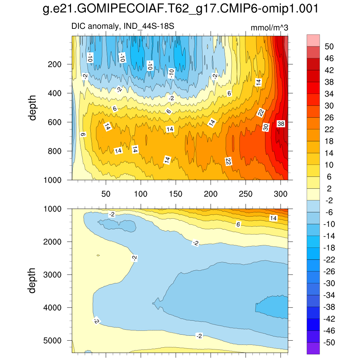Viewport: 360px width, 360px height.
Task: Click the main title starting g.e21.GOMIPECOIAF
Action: tap(180, 9)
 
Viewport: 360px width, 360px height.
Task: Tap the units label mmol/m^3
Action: tap(270, 28)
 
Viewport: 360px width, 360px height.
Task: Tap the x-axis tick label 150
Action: tap(175, 194)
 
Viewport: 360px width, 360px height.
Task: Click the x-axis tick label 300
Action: tap(281, 194)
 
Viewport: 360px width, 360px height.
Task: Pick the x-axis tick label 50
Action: tap(106, 194)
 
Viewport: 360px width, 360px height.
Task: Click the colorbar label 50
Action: tap(329, 46)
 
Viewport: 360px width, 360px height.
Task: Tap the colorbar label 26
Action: tap(329, 117)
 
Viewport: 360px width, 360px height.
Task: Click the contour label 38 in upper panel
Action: tap(281, 124)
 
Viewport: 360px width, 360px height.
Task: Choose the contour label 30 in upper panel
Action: tap(266, 127)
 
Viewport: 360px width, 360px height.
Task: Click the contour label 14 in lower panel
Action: tap(273, 218)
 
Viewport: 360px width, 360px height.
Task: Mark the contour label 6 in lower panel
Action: tap(238, 224)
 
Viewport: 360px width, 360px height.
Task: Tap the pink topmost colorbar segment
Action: tap(313, 40)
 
